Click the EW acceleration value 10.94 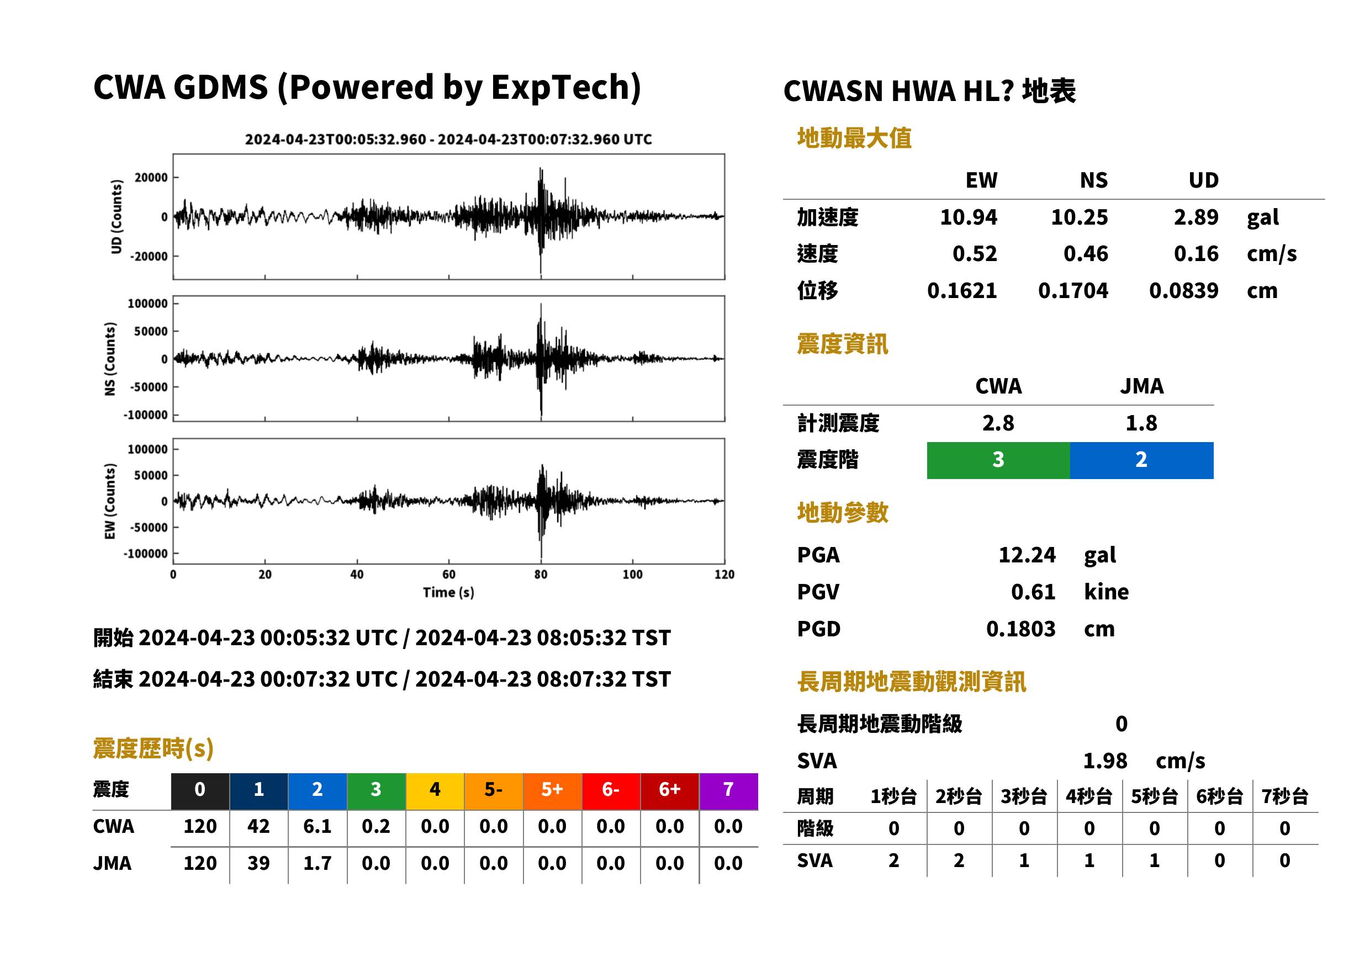point(968,217)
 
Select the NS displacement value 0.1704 point(1072,291)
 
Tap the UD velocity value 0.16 point(1196,253)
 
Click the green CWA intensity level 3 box point(998,460)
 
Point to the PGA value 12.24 point(1027,555)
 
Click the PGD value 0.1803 point(1020,629)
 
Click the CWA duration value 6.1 point(318,826)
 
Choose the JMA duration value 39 point(258,864)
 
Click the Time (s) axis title point(448,593)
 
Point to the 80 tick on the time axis point(541,575)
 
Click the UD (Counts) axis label point(117,217)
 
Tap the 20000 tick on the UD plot point(151,178)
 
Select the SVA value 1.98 point(1105,761)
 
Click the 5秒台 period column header point(1154,797)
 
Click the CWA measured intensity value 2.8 point(998,423)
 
